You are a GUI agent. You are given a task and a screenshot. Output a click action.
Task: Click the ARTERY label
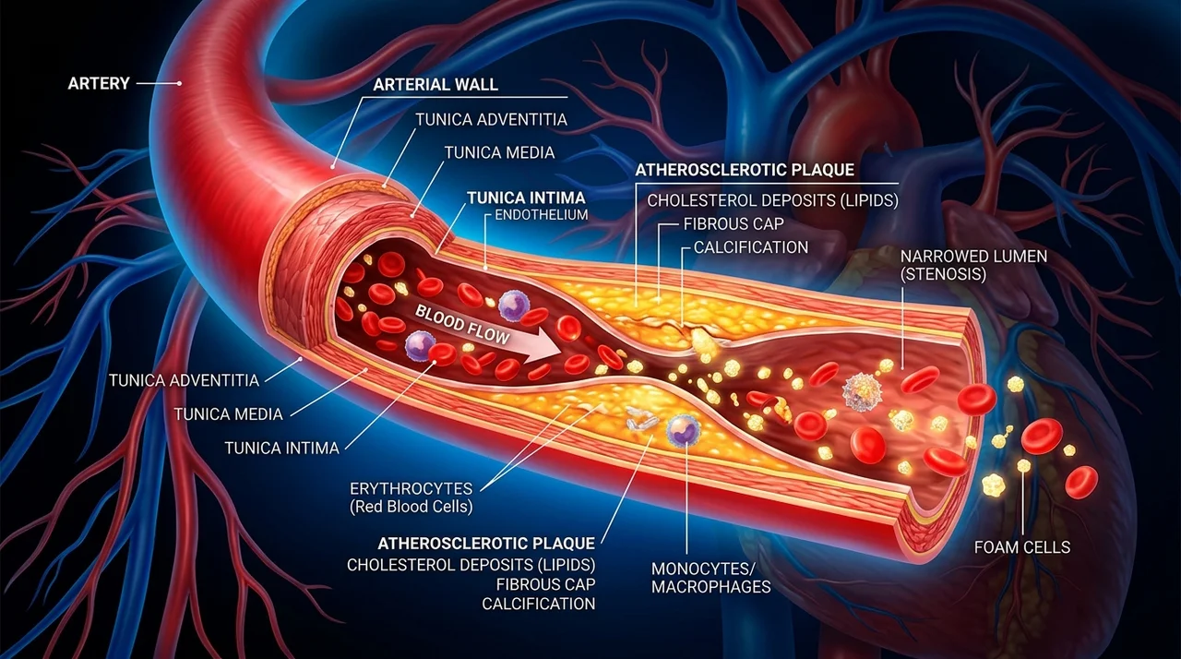(x=99, y=83)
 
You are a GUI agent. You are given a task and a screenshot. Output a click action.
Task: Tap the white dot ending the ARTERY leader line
(x=179, y=83)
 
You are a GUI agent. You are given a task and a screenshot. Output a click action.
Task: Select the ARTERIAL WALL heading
(x=435, y=84)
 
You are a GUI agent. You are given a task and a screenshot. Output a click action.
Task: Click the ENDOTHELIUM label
(x=541, y=214)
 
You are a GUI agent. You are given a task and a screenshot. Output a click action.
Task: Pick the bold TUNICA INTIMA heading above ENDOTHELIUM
(x=526, y=198)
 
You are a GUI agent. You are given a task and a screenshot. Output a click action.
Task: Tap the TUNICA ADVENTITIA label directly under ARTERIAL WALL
(x=491, y=120)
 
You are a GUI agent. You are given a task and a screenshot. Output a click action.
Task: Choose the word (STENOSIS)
(x=943, y=274)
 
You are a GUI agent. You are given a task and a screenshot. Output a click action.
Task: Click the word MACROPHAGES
(x=711, y=586)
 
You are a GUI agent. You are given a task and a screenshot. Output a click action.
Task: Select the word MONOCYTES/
(x=704, y=569)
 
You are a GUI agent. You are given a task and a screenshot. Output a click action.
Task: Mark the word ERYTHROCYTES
(x=412, y=488)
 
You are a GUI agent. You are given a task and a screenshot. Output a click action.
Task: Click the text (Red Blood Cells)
(x=412, y=507)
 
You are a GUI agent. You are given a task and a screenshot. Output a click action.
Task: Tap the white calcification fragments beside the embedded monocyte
(x=641, y=420)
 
